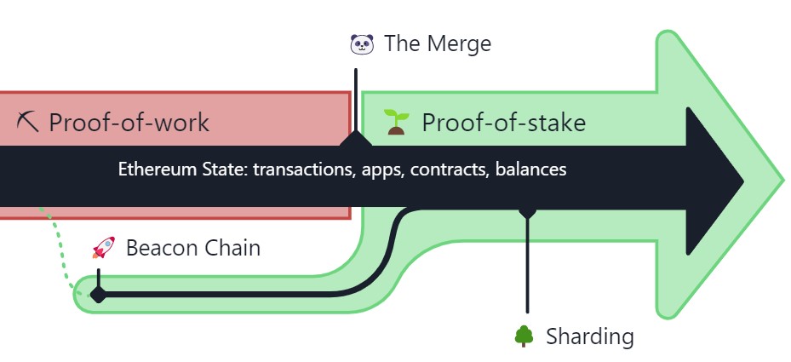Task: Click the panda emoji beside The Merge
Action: pos(362,44)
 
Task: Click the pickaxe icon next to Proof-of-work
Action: pos(27,122)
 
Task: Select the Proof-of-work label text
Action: pos(129,123)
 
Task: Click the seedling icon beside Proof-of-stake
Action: pos(396,122)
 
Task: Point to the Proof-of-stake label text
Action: pos(503,123)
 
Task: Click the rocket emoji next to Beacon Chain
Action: pos(103,248)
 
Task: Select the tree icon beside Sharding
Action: pos(524,336)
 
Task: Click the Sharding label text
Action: pos(590,336)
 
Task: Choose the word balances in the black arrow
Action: pos(530,170)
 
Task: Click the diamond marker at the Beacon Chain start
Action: pos(99,294)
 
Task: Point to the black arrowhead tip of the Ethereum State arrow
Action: pos(743,181)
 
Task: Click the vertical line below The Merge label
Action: pos(356,101)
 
